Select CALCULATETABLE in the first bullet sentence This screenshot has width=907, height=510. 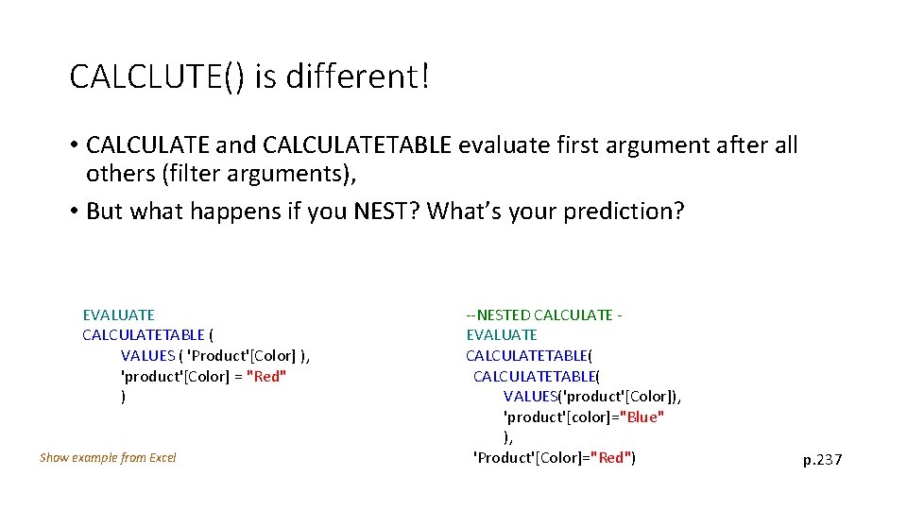pos(358,145)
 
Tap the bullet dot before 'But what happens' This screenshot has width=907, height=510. pos(73,211)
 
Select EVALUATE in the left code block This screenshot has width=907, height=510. pos(118,314)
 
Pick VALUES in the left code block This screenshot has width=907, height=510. pos(147,356)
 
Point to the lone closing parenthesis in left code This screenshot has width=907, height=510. pos(124,397)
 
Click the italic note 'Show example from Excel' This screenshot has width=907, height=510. pos(108,458)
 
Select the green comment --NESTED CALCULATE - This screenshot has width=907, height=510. pos(543,314)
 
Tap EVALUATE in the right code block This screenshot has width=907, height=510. pos(501,335)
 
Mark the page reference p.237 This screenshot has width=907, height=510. pos(822,460)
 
